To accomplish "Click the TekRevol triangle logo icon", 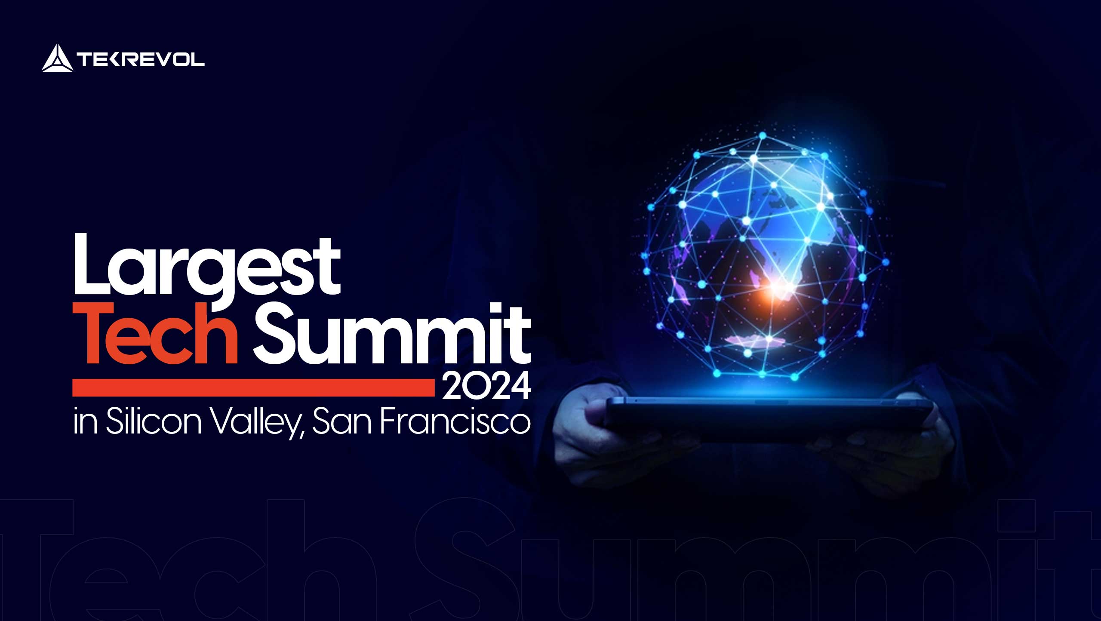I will pos(57,58).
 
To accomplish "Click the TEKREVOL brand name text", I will pos(141,59).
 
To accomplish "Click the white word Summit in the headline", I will pos(391,333).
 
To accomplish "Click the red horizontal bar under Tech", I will pos(254,387).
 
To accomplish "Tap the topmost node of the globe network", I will pos(763,135).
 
